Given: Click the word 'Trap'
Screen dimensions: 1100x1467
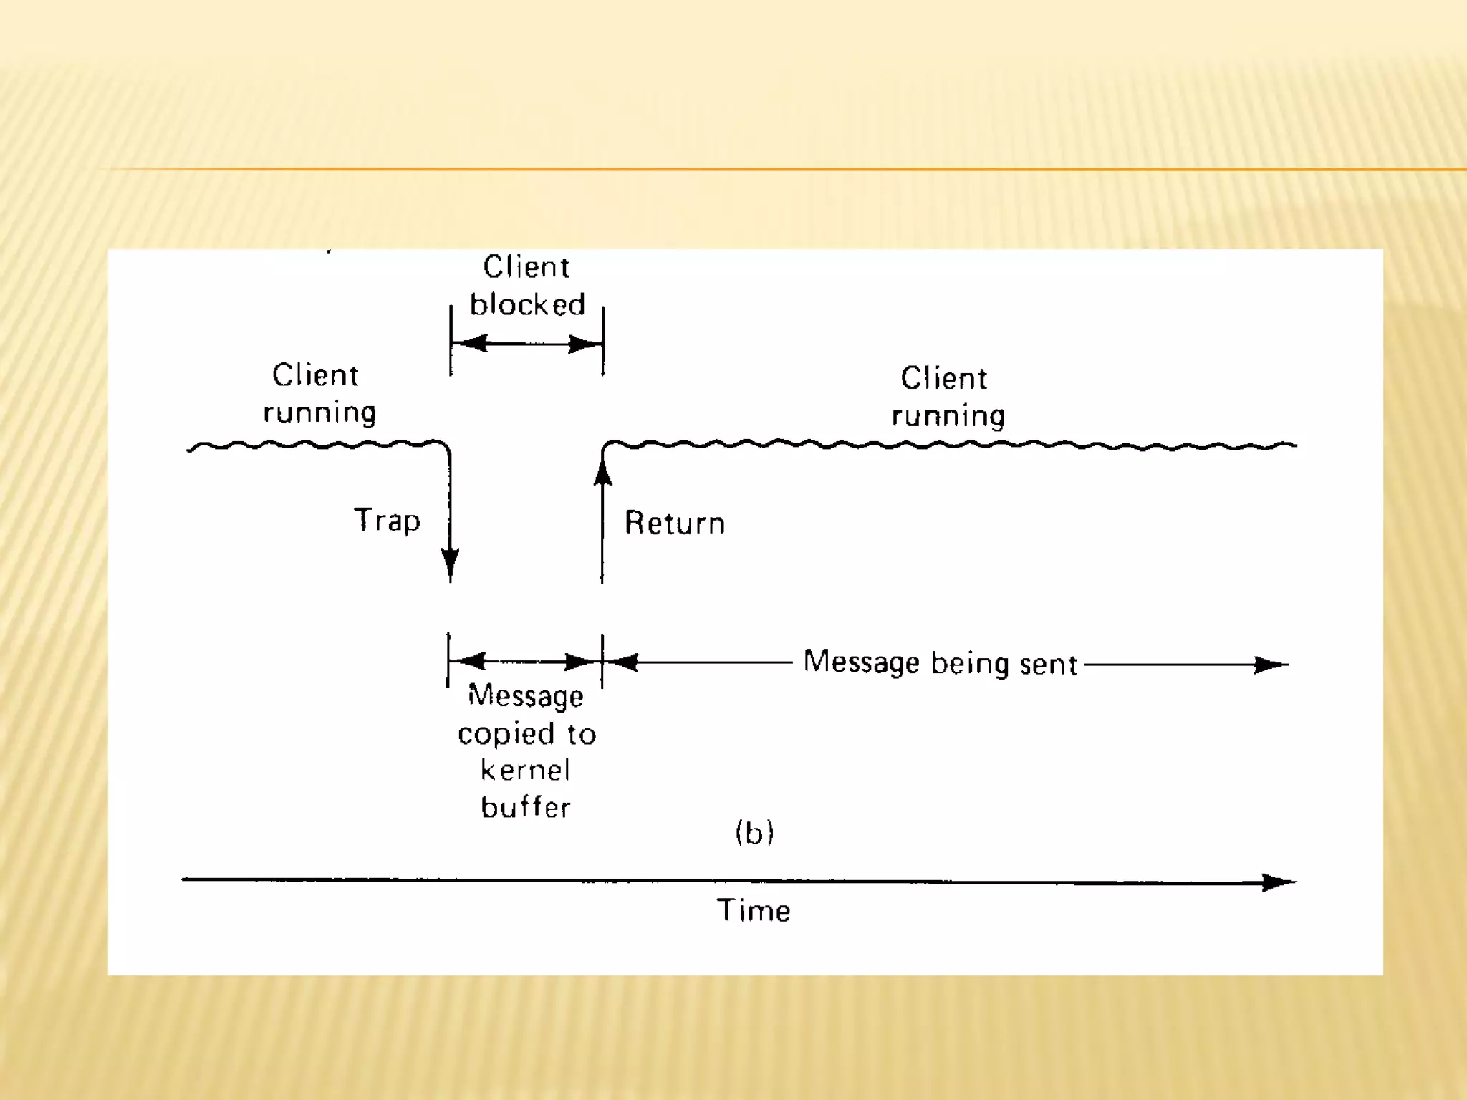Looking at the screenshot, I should [387, 521].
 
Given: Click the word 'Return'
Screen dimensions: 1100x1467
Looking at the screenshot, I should [674, 524].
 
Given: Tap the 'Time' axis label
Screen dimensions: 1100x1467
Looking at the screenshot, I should [754, 911].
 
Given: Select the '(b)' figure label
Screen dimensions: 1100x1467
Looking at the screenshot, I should [754, 833].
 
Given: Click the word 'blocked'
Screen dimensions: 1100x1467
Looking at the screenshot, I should [527, 305].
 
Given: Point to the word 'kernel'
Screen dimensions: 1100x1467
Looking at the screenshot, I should [526, 771].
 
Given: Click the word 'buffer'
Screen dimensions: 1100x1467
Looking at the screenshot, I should [526, 808].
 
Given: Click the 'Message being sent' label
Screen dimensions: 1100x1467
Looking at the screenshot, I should [940, 663].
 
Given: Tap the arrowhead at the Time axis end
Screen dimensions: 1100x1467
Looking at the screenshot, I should [1278, 882].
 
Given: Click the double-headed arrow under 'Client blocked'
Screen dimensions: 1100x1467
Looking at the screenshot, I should [526, 344].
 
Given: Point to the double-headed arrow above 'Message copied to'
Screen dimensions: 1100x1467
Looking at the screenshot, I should [525, 661].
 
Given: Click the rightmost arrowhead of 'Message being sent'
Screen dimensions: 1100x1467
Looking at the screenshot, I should [1271, 665].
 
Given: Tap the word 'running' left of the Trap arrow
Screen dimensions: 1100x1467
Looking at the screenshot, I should [319, 413].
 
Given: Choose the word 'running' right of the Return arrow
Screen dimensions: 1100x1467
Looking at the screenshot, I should [948, 416].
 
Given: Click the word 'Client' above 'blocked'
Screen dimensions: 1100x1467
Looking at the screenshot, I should [526, 267].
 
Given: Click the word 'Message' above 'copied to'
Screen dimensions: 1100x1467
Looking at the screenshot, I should [525, 696].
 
